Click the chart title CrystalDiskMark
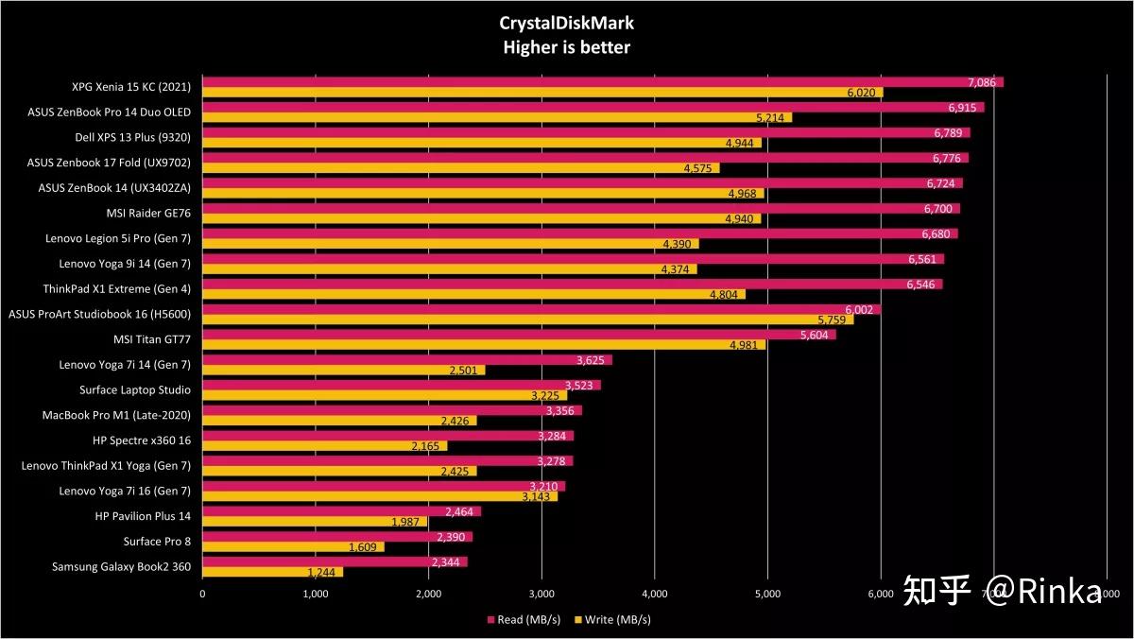click(566, 24)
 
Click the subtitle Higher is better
click(566, 47)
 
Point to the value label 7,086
click(982, 82)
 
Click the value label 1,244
click(324, 572)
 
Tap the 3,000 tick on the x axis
click(541, 594)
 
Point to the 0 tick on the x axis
click(202, 594)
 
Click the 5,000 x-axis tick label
click(767, 594)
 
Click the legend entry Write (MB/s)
click(611, 620)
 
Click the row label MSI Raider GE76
click(150, 213)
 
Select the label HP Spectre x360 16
click(142, 440)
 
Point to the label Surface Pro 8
click(157, 542)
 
